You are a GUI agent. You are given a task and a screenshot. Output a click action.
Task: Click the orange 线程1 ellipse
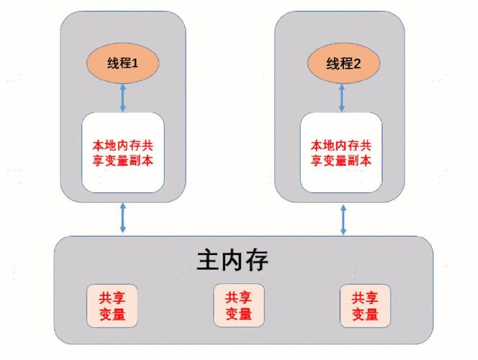(122, 63)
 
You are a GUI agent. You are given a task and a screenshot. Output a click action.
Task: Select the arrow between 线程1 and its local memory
(122, 98)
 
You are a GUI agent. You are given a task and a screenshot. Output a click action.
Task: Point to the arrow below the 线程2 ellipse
(343, 98)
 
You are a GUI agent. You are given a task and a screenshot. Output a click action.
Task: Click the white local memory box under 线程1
(122, 152)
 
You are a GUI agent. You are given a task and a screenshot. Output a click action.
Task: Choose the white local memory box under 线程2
(341, 152)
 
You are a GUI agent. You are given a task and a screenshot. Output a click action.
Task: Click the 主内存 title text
(232, 260)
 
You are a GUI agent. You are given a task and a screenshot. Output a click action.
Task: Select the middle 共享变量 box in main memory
(238, 306)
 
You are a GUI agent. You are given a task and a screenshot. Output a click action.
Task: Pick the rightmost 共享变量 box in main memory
(365, 306)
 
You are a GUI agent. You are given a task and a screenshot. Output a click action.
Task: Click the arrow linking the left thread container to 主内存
(122, 217)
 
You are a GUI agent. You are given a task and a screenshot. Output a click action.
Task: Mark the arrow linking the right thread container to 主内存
(343, 217)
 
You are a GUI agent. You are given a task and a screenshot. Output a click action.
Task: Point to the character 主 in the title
(207, 260)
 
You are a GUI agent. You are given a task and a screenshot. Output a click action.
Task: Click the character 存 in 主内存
(256, 260)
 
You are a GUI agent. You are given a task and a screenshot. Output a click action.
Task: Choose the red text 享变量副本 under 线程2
(341, 161)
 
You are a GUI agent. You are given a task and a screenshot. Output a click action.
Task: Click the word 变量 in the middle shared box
(238, 315)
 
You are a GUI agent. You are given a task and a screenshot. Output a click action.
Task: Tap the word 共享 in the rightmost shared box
(365, 297)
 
